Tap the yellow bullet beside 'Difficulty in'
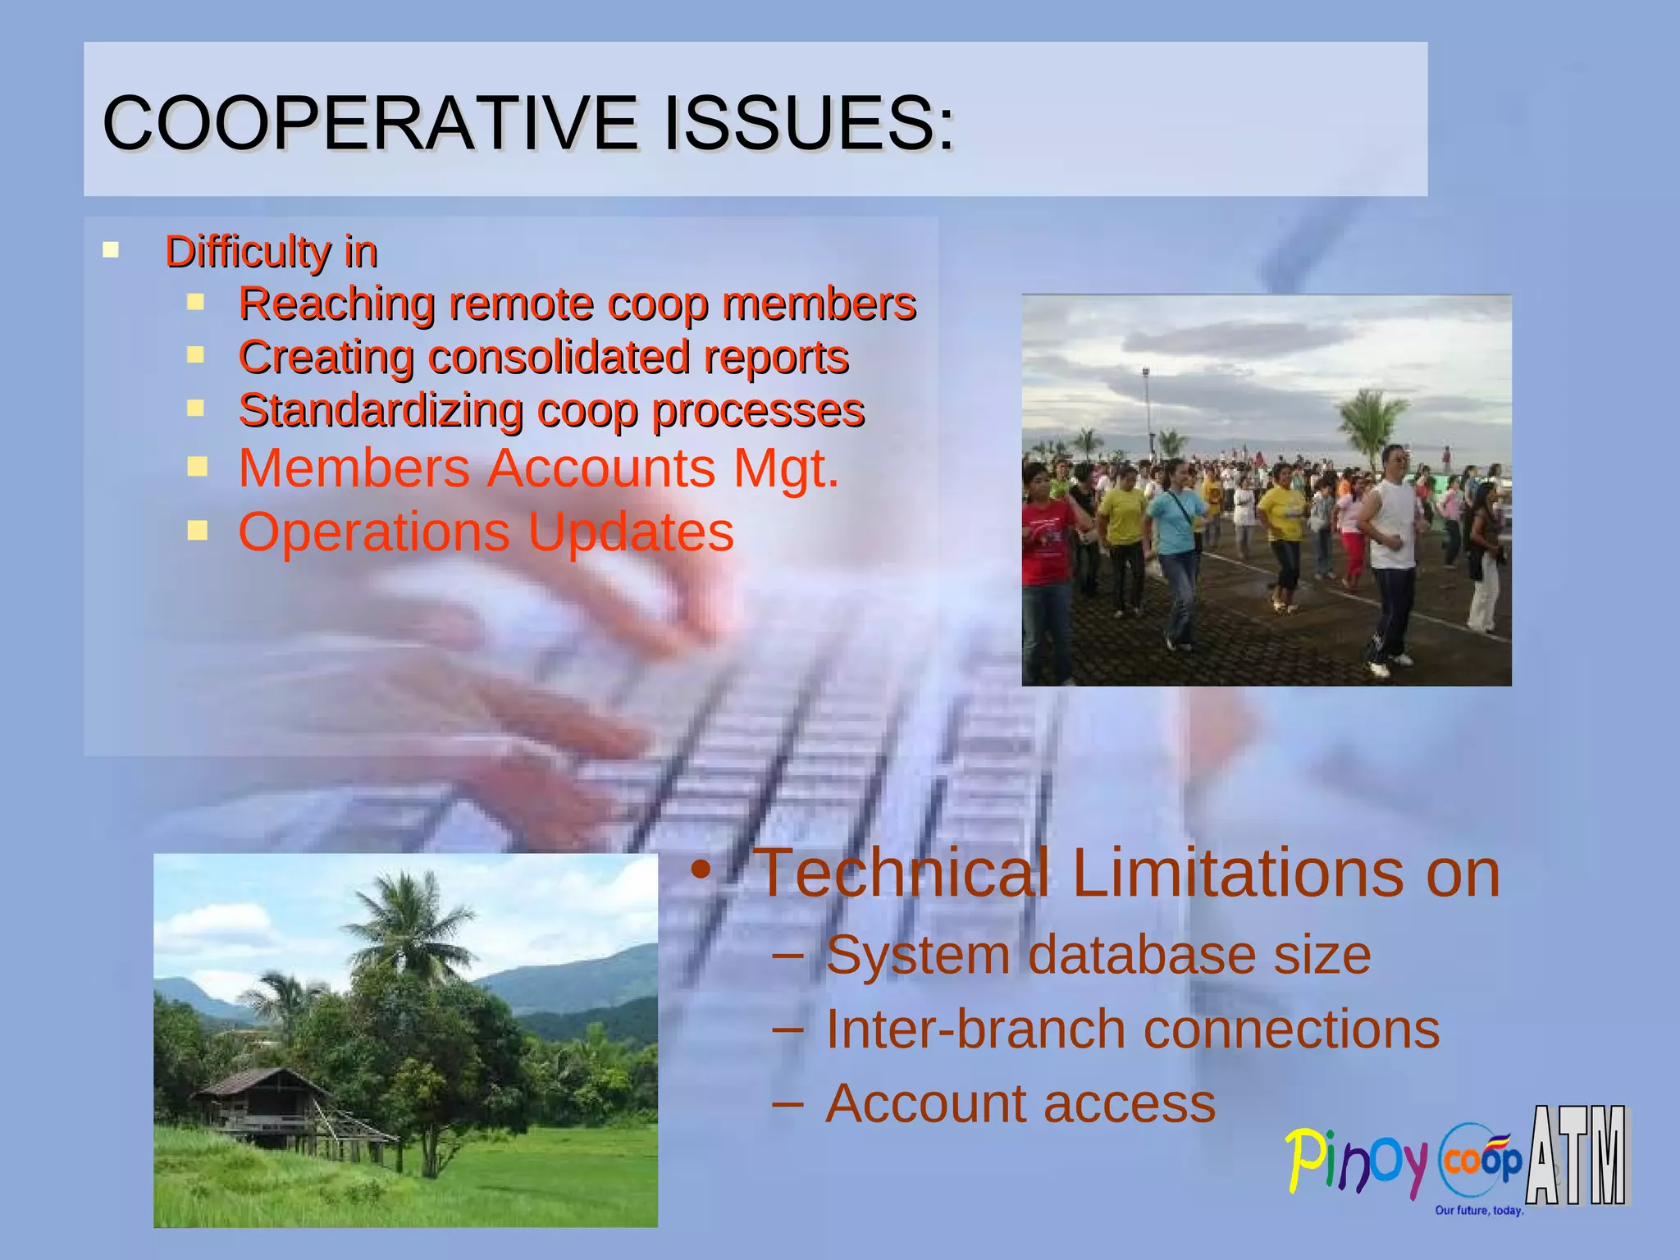(x=111, y=249)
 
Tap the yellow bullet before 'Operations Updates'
(x=197, y=531)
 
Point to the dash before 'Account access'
(x=787, y=1102)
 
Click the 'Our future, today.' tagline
(x=1478, y=1210)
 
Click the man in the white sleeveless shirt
(x=1390, y=541)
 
